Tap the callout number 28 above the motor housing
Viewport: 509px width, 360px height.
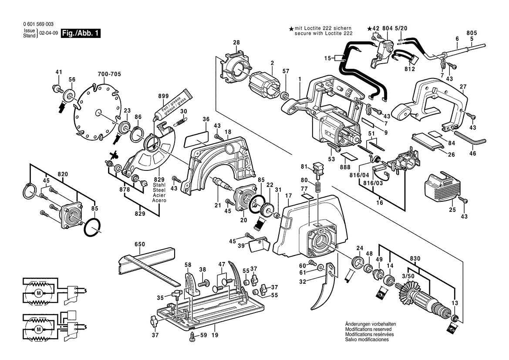236,43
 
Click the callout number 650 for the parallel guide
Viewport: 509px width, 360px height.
139,245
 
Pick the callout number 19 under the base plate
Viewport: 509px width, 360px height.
215,335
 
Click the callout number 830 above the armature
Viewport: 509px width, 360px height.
415,258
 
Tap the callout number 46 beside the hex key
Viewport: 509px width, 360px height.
473,153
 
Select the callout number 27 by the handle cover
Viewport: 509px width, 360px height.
463,87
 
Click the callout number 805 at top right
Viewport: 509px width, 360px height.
472,33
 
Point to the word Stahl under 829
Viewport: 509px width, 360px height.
159,186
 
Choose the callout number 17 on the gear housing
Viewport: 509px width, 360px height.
288,196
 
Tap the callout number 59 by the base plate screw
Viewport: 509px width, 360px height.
203,335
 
